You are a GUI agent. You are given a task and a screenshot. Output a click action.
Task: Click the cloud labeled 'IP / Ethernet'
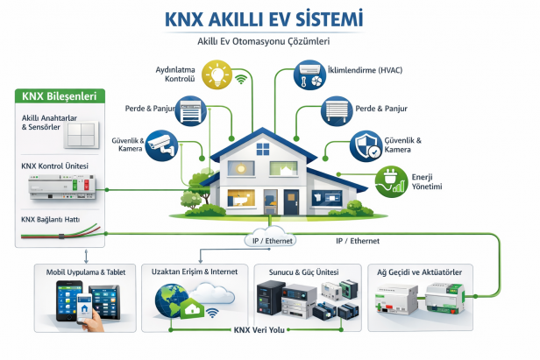click(269, 239)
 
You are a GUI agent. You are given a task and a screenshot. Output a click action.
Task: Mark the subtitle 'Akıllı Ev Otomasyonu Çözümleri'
click(269, 40)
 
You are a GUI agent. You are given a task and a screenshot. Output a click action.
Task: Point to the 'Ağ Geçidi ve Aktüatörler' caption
click(427, 272)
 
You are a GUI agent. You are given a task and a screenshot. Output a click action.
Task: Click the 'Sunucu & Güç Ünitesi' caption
click(303, 272)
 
